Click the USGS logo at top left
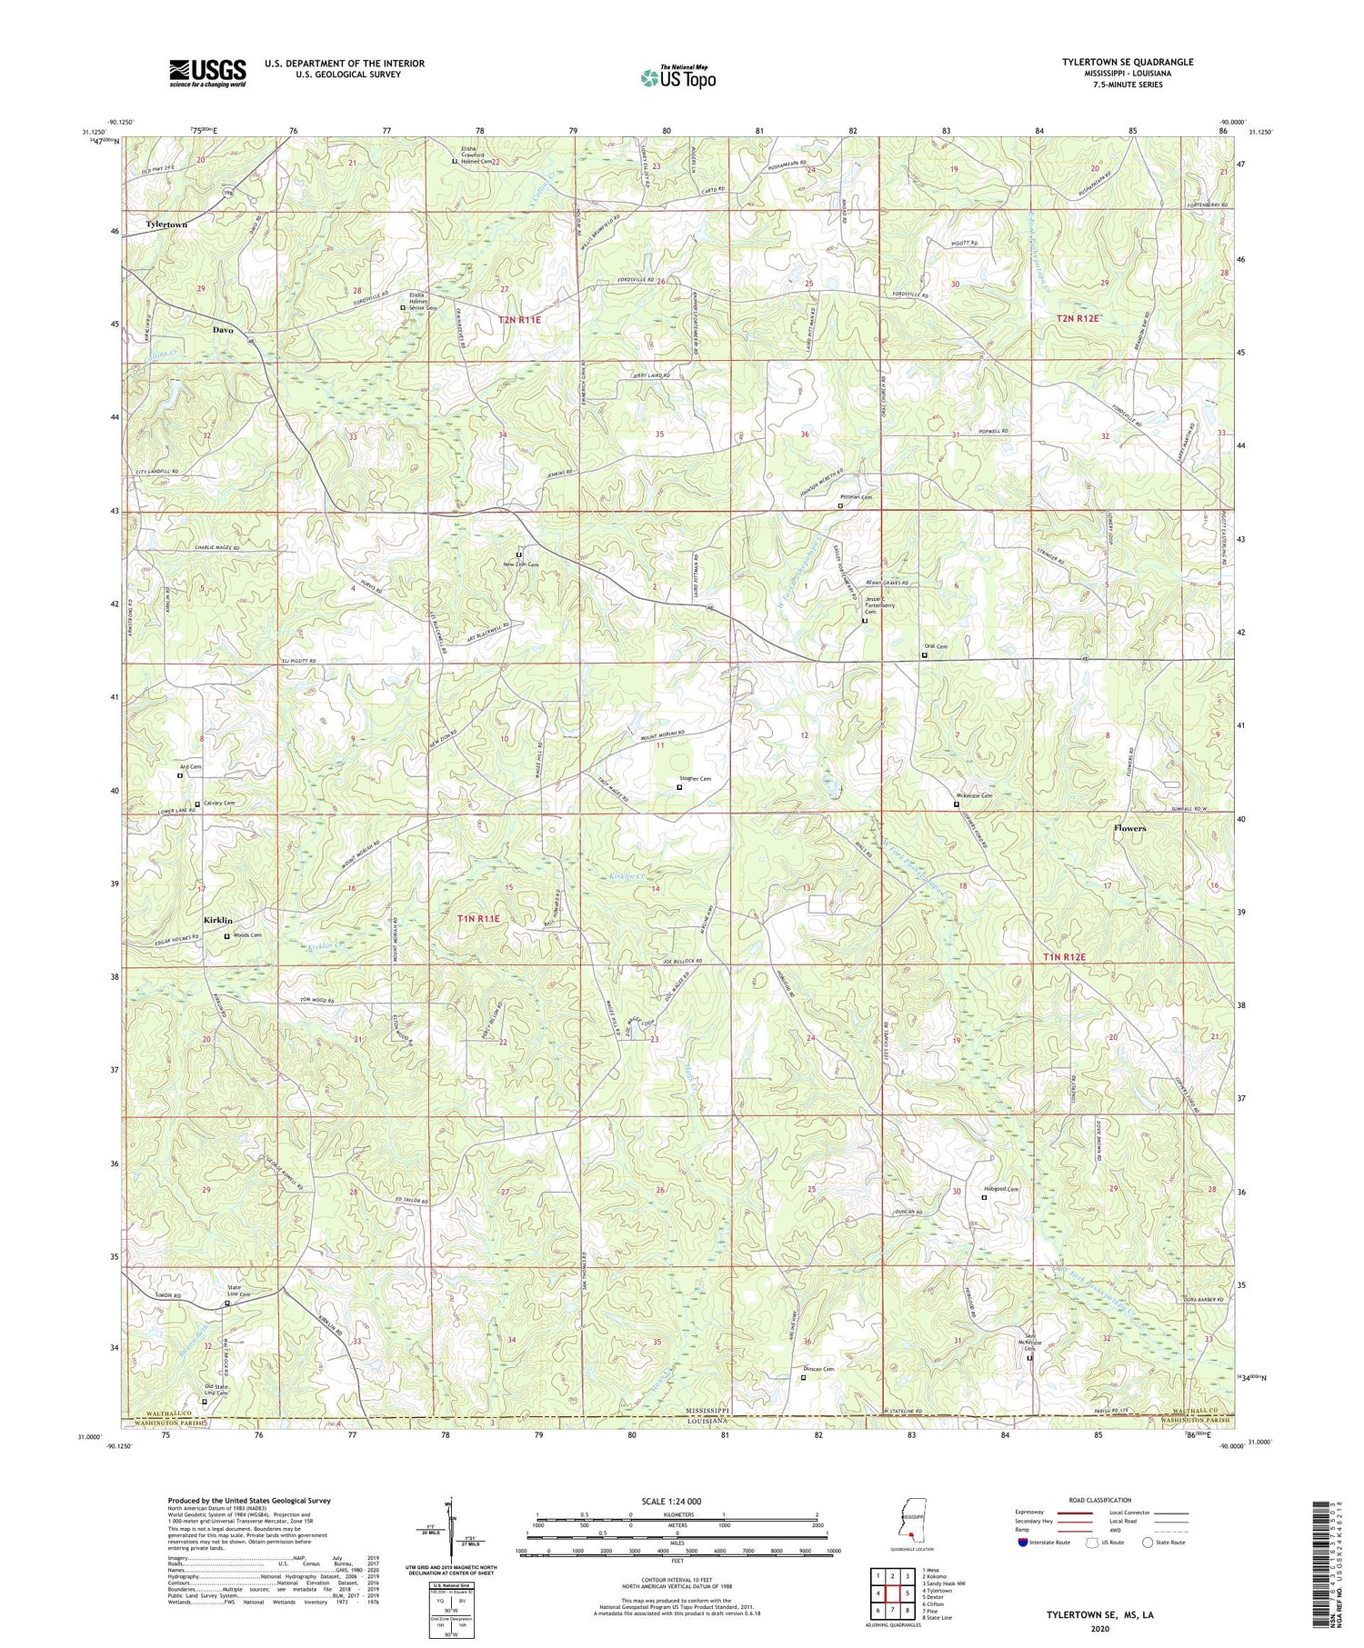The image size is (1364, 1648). tap(207, 73)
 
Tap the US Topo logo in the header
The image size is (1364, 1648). tap(678, 77)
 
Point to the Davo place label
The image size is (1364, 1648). tap(223, 330)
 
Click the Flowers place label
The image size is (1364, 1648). tap(1129, 828)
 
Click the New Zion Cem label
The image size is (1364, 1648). tap(522, 564)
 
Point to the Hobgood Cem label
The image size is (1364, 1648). tap(1000, 1190)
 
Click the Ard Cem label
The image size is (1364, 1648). tap(190, 767)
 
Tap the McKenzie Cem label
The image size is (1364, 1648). tap(973, 796)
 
